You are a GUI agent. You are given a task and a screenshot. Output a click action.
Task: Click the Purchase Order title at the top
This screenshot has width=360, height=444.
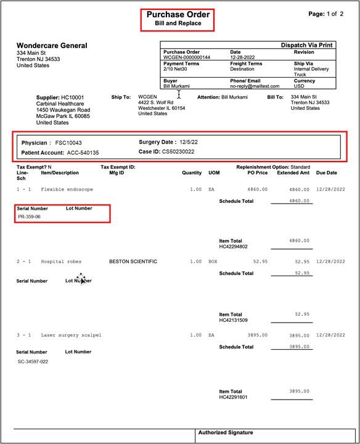pyautogui.click(x=178, y=14)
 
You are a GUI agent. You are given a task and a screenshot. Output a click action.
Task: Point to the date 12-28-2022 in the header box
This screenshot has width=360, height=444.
pyautogui.click(x=243, y=57)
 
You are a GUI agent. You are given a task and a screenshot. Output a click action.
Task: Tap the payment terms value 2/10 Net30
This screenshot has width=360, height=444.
pyautogui.click(x=176, y=68)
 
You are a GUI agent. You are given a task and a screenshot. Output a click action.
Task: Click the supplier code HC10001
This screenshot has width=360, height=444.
pyautogui.click(x=73, y=97)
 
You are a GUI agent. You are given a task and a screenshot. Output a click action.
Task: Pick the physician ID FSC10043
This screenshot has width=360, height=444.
pyautogui.click(x=68, y=142)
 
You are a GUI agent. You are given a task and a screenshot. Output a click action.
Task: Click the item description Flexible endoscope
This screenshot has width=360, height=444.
pyautogui.click(x=67, y=189)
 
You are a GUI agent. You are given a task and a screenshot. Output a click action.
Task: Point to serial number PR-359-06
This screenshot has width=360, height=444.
pyautogui.click(x=30, y=217)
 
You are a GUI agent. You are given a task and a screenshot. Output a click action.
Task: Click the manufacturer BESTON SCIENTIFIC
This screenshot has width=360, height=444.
pyautogui.click(x=133, y=261)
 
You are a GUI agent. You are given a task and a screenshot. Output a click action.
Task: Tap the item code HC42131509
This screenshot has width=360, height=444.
pyautogui.click(x=233, y=321)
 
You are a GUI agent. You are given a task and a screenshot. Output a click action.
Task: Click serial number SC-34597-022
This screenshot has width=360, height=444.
pyautogui.click(x=33, y=362)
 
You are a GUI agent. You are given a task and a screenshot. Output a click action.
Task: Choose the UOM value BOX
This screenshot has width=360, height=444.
pyautogui.click(x=213, y=261)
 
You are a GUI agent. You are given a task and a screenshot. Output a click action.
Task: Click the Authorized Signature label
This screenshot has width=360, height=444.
pyautogui.click(x=226, y=433)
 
